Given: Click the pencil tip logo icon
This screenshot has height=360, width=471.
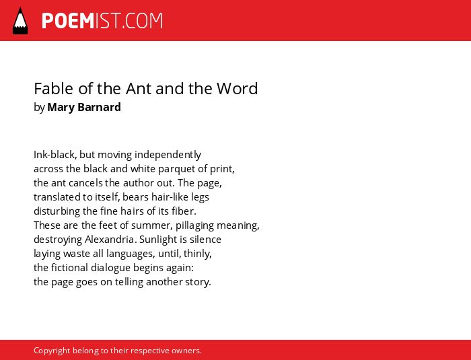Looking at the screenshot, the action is (20, 21).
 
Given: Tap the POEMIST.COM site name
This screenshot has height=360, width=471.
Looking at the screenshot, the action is (102, 21).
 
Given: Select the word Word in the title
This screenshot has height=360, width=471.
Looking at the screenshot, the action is (238, 88).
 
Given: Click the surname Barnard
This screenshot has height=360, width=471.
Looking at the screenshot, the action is (99, 107).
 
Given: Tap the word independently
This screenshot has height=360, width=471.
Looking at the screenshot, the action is (168, 155).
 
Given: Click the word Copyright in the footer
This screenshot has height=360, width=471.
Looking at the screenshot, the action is (52, 351).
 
